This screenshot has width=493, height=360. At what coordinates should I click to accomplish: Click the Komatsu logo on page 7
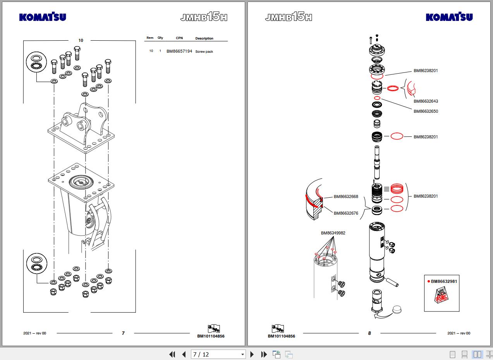(43, 17)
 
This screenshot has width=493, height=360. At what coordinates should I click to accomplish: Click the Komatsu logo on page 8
(449, 17)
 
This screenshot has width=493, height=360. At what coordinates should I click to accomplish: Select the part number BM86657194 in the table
(179, 51)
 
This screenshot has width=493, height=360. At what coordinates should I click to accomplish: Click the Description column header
(204, 38)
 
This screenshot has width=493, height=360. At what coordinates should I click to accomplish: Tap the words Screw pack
(204, 52)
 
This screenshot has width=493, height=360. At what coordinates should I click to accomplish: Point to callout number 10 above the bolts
(81, 40)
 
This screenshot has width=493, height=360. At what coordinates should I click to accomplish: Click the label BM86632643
(426, 101)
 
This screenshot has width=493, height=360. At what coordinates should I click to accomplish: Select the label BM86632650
(426, 112)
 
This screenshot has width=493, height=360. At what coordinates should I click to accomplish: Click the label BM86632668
(346, 196)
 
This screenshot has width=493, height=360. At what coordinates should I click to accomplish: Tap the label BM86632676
(346, 213)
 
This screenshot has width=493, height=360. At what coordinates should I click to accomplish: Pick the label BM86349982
(333, 233)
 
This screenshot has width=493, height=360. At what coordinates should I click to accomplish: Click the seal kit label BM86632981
(444, 281)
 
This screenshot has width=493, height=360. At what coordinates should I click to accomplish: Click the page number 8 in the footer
(369, 333)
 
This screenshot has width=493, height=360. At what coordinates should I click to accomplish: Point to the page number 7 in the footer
(123, 333)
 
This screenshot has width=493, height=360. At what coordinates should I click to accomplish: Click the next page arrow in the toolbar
(252, 354)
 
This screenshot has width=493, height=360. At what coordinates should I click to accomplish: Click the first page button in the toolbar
(172, 354)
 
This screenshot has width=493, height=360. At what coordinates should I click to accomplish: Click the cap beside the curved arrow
(397, 309)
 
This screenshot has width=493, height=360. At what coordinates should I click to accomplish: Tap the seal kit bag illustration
(441, 295)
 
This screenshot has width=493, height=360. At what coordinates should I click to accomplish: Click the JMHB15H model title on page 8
(289, 17)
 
